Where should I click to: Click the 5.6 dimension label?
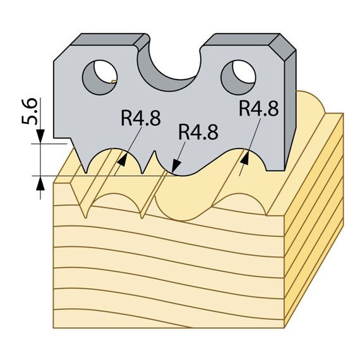click(x=29, y=111)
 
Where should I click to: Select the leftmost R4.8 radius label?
click(x=141, y=117)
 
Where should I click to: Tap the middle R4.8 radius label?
click(x=198, y=132)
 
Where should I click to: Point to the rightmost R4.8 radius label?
click(x=259, y=108)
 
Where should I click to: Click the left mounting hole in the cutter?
click(x=100, y=77)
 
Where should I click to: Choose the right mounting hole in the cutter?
click(x=238, y=77)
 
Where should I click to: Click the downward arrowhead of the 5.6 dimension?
click(x=40, y=136)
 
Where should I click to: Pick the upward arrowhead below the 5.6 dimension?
click(x=40, y=183)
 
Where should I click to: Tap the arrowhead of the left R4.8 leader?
click(x=122, y=160)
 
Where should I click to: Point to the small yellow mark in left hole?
click(x=114, y=81)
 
